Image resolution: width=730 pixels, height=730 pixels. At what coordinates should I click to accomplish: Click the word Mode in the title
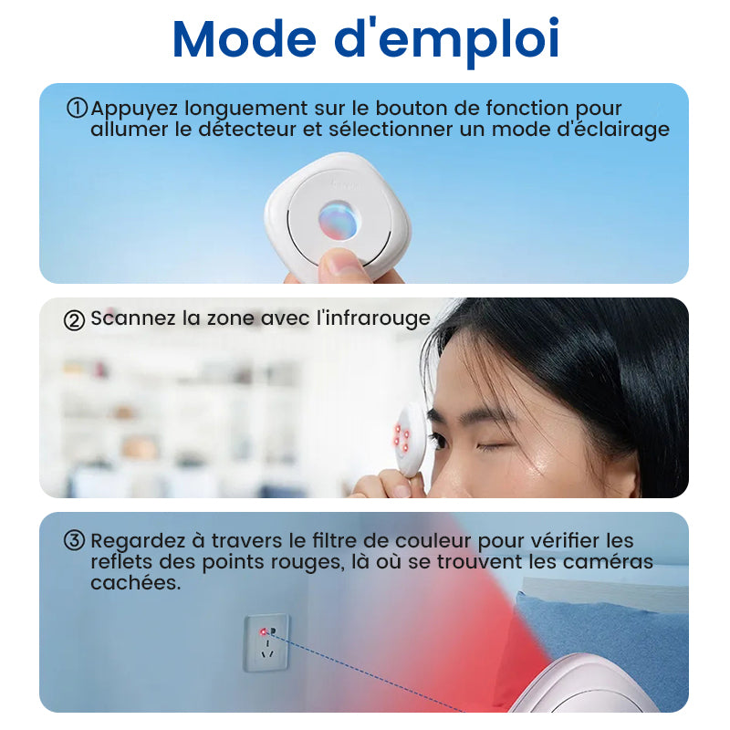(x=245, y=39)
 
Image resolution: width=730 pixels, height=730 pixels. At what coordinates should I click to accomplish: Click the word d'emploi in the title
(x=447, y=42)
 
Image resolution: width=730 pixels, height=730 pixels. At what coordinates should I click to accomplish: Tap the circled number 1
(x=77, y=108)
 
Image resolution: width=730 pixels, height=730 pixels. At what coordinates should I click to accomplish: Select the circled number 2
(x=74, y=320)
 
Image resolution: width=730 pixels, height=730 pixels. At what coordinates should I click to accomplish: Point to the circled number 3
(x=74, y=540)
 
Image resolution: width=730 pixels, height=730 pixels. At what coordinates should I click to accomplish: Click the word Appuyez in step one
(x=134, y=109)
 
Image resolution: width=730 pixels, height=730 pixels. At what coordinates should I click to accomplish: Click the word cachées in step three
(x=135, y=583)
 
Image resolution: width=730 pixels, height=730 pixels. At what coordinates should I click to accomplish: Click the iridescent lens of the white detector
(x=339, y=219)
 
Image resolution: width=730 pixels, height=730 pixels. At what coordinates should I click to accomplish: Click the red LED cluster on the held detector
(x=401, y=437)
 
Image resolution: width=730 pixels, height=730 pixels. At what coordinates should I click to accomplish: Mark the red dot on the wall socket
(x=264, y=631)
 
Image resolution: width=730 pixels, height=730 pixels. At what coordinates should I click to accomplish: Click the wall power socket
(x=266, y=643)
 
